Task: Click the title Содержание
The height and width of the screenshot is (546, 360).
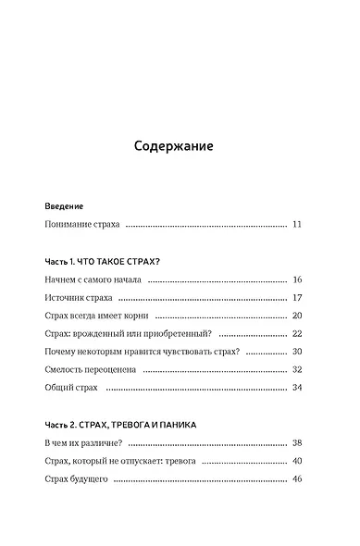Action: point(174,146)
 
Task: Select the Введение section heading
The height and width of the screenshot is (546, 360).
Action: point(64,205)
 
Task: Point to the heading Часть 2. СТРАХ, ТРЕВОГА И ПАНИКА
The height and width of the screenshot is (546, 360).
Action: point(120,424)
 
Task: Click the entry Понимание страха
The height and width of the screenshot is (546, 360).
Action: point(82,225)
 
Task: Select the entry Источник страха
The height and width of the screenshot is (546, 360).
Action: point(78,298)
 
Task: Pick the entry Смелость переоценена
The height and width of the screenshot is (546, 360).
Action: point(91,369)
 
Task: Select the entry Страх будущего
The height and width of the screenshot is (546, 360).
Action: point(77,479)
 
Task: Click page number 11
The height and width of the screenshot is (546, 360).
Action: point(296,225)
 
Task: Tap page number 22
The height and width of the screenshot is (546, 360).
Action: point(296,333)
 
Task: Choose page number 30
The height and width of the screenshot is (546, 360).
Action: point(296,352)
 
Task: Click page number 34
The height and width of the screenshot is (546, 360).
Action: point(296,387)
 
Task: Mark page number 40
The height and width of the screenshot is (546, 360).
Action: point(296,461)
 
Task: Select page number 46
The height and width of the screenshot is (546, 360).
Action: point(296,479)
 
